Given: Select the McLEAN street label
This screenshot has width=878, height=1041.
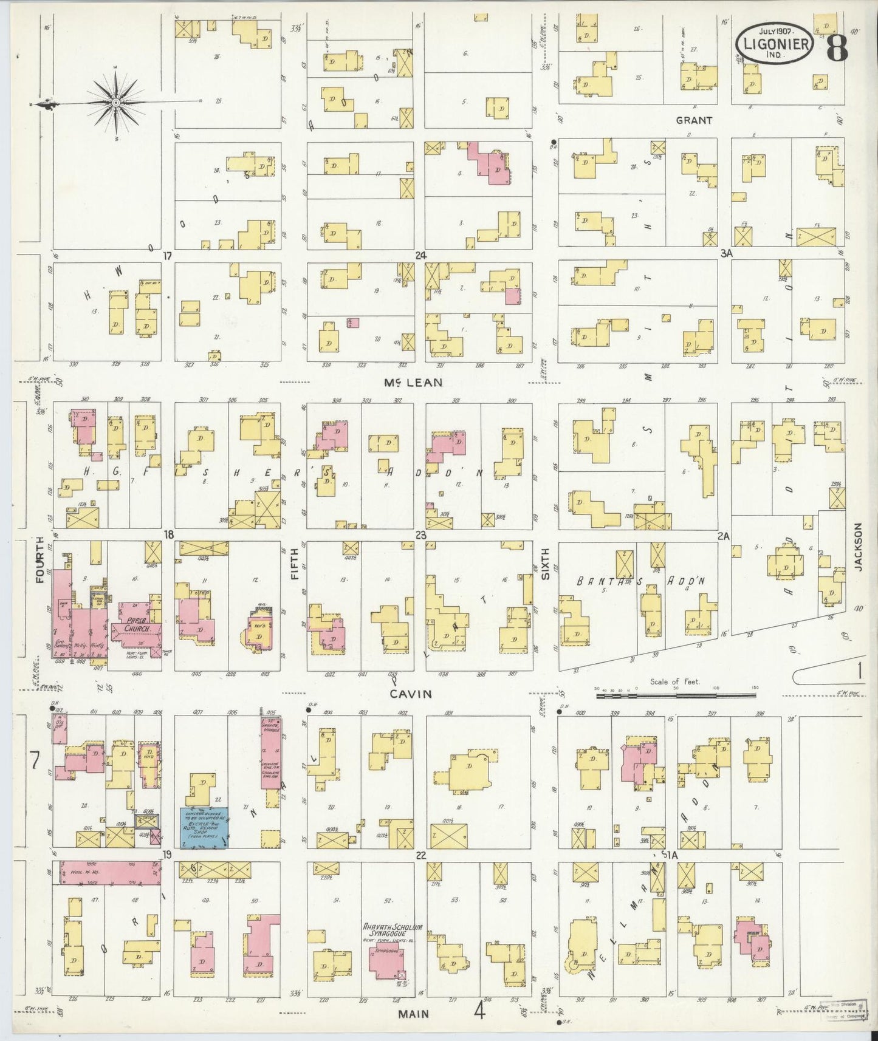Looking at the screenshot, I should (x=413, y=383).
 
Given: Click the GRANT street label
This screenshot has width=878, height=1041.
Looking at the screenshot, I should (x=693, y=120).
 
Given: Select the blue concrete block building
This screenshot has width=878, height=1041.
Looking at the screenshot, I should (x=203, y=828).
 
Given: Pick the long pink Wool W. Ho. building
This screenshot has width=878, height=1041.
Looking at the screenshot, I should (x=109, y=872).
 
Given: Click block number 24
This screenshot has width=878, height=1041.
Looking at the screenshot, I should (x=420, y=256).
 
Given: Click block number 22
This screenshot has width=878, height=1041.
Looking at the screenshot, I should (x=420, y=855).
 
